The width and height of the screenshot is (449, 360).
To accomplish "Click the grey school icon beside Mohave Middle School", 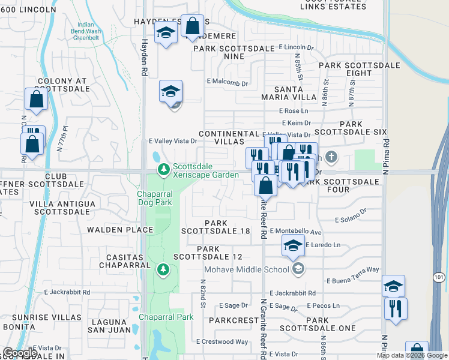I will pos(297,268).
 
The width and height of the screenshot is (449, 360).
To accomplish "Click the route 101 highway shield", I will pos(438,277).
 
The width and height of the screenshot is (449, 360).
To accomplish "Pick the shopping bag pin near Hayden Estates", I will pos(192,26).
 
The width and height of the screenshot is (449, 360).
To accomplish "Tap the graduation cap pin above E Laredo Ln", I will pos(293,245).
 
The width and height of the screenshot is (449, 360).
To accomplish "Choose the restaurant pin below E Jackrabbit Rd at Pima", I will pos(396,308).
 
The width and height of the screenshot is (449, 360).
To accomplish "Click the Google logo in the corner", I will pos(20,353).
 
